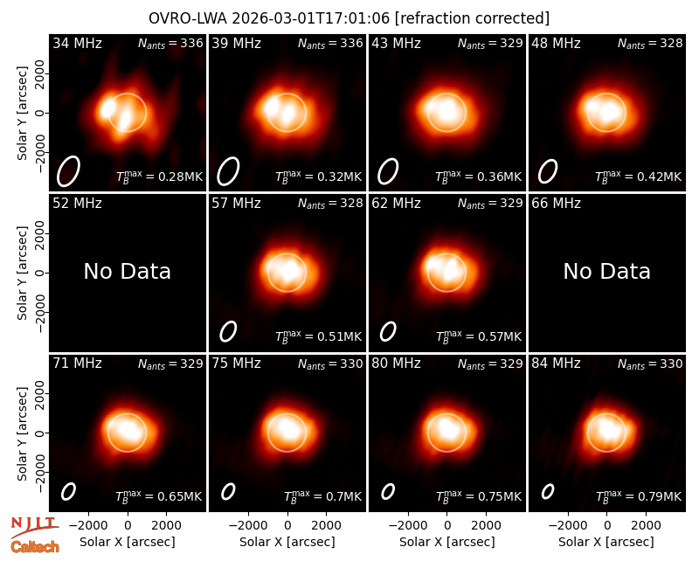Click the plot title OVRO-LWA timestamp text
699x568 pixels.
(349, 18)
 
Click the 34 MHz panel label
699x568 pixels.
(77, 43)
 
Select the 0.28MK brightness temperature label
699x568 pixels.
(159, 177)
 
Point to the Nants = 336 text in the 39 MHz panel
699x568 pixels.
(330, 43)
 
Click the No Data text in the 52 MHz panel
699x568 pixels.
(127, 271)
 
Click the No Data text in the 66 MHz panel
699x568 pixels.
(606, 271)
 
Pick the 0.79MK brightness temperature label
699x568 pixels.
(639, 496)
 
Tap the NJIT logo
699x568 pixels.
(34, 527)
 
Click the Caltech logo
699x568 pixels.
(35, 547)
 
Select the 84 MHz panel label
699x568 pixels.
(556, 364)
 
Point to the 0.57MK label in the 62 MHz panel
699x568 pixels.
(478, 336)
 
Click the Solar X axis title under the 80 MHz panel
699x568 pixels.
(446, 542)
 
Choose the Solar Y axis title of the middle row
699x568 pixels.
(23, 273)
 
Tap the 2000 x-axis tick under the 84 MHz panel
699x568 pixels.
(646, 526)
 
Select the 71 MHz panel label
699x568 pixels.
(77, 364)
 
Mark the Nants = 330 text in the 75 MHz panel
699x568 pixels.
(330, 364)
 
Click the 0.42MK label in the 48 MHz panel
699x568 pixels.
(639, 177)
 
